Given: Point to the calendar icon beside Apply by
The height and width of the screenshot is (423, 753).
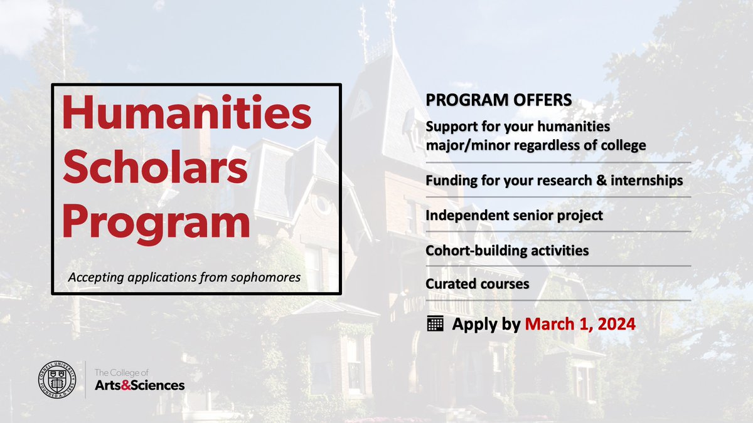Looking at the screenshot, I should point(435,324).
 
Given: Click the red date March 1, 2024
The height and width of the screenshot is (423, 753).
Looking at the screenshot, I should point(580,325).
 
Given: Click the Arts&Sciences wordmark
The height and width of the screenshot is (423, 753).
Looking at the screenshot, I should point(139,385).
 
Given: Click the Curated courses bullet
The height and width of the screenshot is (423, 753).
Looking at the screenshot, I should point(478,284).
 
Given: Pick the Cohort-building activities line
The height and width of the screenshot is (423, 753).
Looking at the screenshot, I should point(507,250).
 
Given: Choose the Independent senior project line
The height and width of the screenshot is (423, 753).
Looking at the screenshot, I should point(514,215).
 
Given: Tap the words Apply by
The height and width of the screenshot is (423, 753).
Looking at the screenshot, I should point(486,325).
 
